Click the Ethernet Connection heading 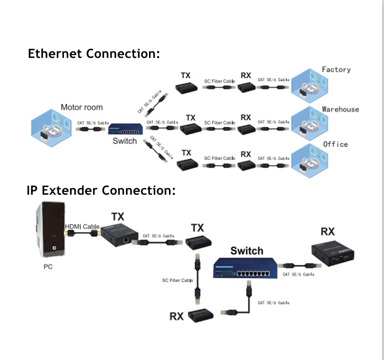[x=94, y=53]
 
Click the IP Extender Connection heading [x=101, y=191]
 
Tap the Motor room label [x=81, y=107]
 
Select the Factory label [x=336, y=70]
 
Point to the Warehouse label [x=340, y=109]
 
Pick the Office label [x=335, y=144]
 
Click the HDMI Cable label [x=82, y=227]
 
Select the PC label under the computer [x=48, y=266]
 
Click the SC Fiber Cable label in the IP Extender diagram [x=177, y=280]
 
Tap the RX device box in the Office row [x=248, y=165]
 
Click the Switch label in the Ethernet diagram [x=124, y=141]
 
